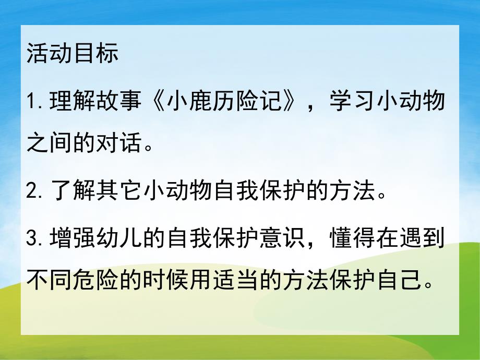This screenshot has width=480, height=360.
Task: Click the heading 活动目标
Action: pos(72,53)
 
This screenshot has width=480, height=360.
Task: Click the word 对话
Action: pos(121,141)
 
